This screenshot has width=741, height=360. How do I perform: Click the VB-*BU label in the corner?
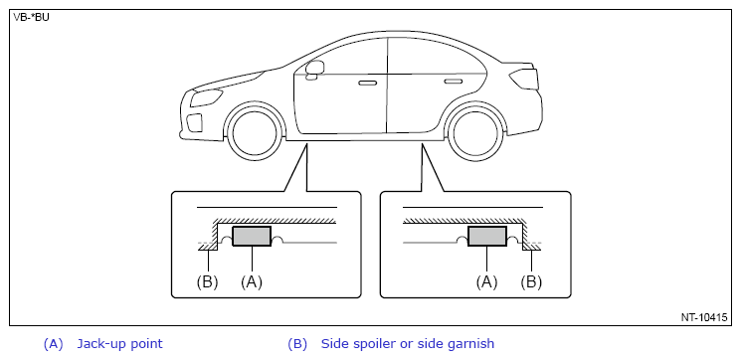(31, 18)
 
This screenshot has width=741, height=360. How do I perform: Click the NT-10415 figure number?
(703, 317)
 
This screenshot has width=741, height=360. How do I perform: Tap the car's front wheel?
(255, 132)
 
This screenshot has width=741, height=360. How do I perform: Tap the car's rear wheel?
(476, 132)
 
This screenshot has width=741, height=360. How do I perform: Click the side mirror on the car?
(314, 69)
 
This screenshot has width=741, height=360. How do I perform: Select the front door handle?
(367, 84)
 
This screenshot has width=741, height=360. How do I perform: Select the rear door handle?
(454, 82)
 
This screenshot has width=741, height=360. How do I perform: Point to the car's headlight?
(206, 97)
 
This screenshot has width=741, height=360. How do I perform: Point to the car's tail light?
(523, 79)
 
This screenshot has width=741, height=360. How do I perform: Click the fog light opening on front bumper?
(194, 123)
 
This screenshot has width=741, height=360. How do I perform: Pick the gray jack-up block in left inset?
(252, 237)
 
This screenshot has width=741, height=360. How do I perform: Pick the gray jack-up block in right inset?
(487, 237)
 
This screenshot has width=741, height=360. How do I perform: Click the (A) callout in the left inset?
(252, 282)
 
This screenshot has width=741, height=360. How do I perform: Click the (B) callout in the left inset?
(207, 282)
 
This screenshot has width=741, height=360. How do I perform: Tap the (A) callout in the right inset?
(486, 282)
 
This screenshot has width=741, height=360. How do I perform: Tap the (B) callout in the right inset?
(531, 282)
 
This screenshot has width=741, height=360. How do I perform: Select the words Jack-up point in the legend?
(119, 344)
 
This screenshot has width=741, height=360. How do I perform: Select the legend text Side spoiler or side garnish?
(408, 344)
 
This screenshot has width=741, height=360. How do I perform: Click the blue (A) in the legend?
(53, 344)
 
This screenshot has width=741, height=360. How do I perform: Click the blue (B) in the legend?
(297, 344)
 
